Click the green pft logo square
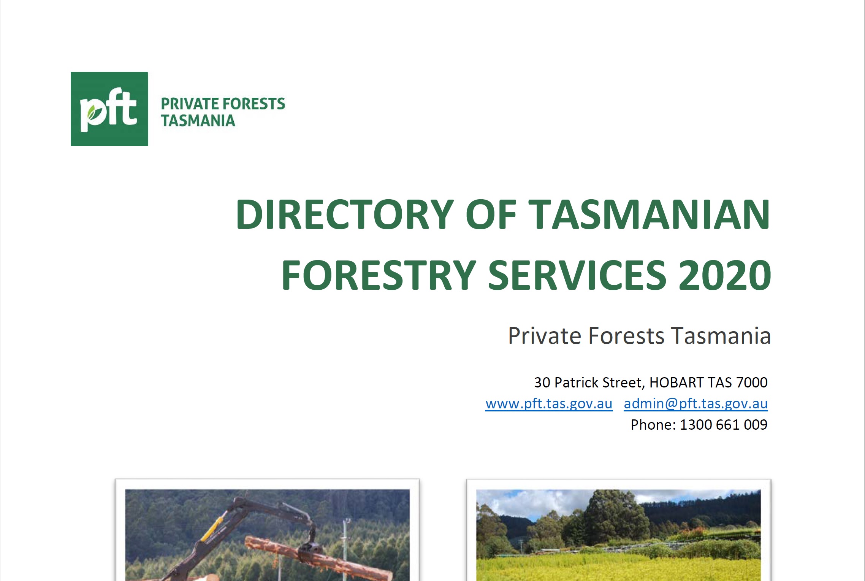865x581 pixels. click(109, 109)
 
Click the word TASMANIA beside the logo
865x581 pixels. click(198, 121)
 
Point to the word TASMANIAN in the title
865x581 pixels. click(649, 215)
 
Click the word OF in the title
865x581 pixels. click(491, 215)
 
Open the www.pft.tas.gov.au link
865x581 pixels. click(549, 404)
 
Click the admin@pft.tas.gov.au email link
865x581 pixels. click(695, 404)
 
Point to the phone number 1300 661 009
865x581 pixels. click(723, 425)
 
